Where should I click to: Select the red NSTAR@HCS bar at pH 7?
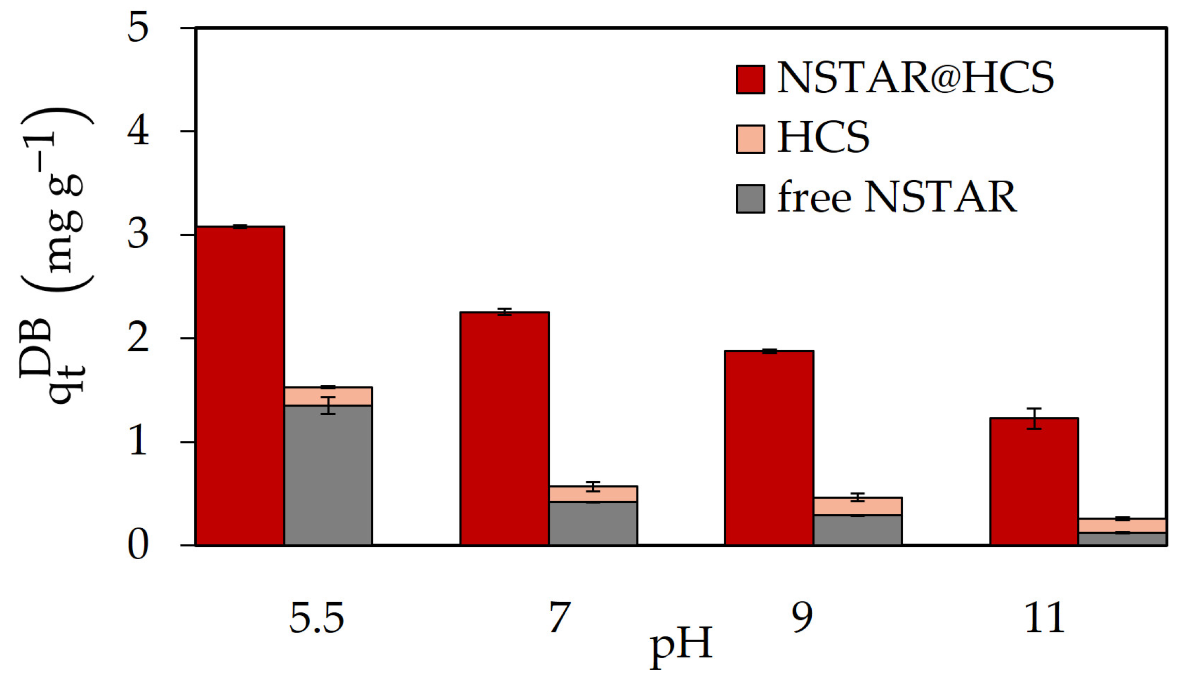(x=504, y=429)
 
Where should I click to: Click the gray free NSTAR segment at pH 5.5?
(x=329, y=475)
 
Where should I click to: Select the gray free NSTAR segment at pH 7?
(x=593, y=523)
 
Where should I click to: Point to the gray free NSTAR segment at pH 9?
(x=858, y=530)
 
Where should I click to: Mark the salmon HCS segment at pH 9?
(x=858, y=507)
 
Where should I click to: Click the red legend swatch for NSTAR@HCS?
(x=750, y=79)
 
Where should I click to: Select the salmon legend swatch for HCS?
(x=750, y=139)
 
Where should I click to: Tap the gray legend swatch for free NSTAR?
(x=750, y=199)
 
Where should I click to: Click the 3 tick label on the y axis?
(x=138, y=235)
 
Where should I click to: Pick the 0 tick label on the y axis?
(x=138, y=545)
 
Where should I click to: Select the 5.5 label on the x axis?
(x=316, y=618)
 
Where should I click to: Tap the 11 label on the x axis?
(x=1045, y=618)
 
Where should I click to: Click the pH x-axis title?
(x=681, y=646)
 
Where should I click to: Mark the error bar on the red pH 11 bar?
(x=1034, y=418)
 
